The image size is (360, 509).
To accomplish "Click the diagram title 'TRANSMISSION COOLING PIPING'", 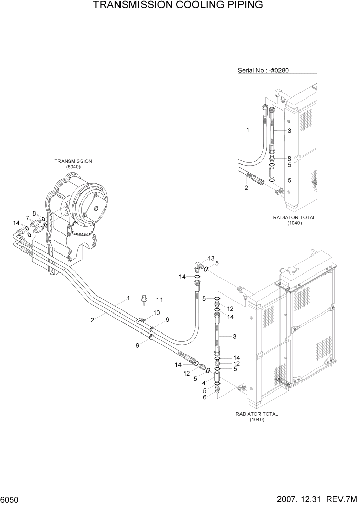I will click(x=178, y=6).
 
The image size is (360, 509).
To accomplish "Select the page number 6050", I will click(x=11, y=499).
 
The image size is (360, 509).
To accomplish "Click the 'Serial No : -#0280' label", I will click(x=267, y=70).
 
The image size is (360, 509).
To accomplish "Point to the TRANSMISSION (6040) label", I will click(x=73, y=164).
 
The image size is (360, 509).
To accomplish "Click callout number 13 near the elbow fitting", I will click(x=211, y=258).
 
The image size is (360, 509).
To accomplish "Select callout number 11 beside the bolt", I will click(x=159, y=300).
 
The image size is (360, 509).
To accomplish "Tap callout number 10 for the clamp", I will click(x=157, y=312).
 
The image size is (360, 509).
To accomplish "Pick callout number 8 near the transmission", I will click(x=34, y=213).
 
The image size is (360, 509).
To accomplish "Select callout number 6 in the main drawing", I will click(x=205, y=397).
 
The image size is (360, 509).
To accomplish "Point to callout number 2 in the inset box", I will click(x=246, y=188).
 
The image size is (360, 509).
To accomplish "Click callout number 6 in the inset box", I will click(x=289, y=159).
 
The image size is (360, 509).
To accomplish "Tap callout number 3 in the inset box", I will click(x=289, y=131).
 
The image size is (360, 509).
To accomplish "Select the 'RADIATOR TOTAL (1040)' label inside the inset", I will click(x=294, y=220).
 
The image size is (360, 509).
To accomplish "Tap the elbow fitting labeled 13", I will click(x=198, y=265).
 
